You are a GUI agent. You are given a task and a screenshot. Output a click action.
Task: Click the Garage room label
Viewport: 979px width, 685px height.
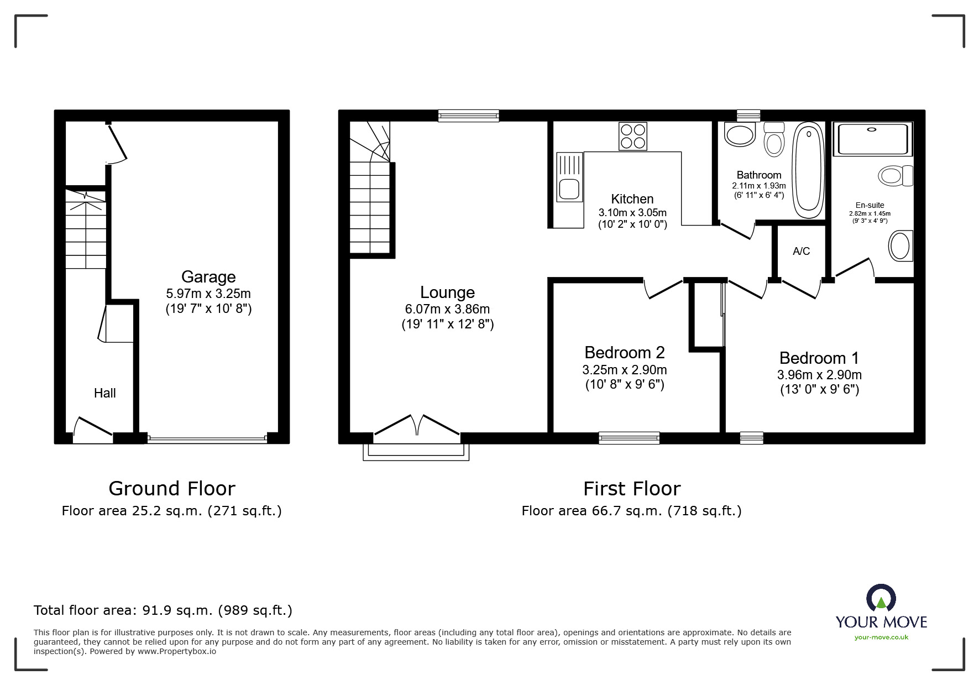[x=208, y=277]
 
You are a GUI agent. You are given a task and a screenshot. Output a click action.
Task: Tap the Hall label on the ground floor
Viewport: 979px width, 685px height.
[x=104, y=393]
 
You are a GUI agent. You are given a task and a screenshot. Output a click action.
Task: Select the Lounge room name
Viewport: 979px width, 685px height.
[x=447, y=292]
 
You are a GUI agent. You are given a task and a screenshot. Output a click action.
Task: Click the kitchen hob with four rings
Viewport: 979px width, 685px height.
[x=633, y=136]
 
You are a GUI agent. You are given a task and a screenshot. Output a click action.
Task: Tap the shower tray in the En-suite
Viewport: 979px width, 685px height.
[x=872, y=139]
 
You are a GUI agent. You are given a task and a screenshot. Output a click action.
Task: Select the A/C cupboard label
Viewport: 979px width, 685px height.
[x=801, y=252]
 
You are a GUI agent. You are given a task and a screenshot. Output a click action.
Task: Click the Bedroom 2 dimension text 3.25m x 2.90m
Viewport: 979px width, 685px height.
[x=624, y=370]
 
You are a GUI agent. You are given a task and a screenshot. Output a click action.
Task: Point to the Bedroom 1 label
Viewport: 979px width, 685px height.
[x=819, y=358]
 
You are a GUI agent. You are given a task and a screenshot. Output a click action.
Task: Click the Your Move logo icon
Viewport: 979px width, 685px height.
[x=881, y=599]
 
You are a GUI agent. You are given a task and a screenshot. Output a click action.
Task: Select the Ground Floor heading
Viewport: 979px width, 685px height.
[x=171, y=489]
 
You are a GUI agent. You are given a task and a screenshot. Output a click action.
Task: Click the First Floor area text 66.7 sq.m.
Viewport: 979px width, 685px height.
[x=631, y=511]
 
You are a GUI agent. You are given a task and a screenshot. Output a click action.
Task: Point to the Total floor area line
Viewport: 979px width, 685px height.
[x=163, y=610]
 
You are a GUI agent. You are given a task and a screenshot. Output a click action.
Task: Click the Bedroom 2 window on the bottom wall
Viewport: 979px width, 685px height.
[x=629, y=438]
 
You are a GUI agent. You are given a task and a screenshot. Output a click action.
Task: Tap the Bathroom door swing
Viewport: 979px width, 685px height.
[x=737, y=231]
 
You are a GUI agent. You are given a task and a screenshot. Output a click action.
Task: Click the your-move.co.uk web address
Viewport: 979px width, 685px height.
[x=881, y=637]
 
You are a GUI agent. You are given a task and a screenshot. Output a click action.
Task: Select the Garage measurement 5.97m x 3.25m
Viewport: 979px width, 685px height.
[x=208, y=294]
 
